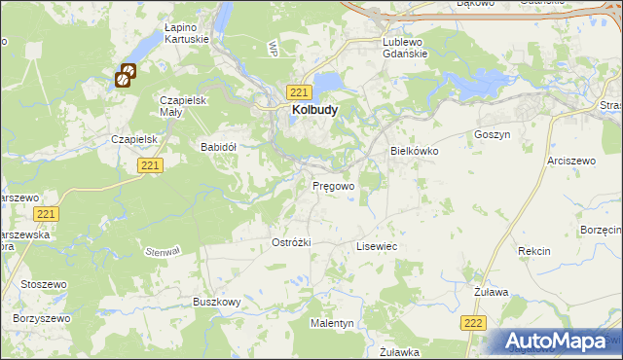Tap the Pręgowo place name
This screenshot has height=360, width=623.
point(333,185)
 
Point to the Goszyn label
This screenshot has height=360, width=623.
point(492,134)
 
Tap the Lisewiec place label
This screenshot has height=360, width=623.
point(377,247)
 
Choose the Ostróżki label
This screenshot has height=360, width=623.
point(291,242)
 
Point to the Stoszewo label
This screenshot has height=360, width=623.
point(39,285)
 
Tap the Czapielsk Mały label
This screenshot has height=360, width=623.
point(186,106)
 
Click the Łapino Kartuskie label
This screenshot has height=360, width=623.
point(188,34)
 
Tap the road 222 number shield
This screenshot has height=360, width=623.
point(473,323)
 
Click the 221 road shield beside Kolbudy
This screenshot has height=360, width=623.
point(300,91)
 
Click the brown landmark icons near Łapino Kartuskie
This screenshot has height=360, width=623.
point(127,76)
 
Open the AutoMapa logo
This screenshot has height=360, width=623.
point(560,342)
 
